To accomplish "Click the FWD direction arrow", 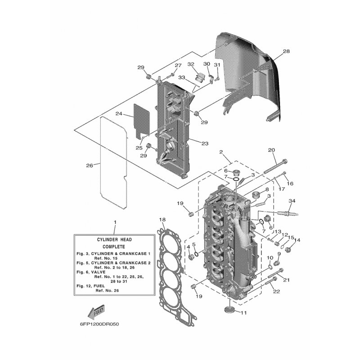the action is (x=97, y=312).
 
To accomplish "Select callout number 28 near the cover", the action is (x=286, y=51).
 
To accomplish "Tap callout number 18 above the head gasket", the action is (x=162, y=220).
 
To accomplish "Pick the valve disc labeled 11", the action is (x=229, y=310).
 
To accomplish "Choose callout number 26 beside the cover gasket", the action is (x=90, y=165).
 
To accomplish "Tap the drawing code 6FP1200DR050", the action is (x=99, y=324).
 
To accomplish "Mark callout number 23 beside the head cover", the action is (x=205, y=144).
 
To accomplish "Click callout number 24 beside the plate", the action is (x=119, y=113).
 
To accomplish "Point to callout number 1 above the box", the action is (x=115, y=222).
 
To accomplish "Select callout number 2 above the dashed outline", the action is (x=221, y=152).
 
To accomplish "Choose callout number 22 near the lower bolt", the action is (x=276, y=291).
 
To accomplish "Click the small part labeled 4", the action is (x=191, y=257).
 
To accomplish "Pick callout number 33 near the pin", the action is (x=182, y=77).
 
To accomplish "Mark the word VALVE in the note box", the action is (x=98, y=272).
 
